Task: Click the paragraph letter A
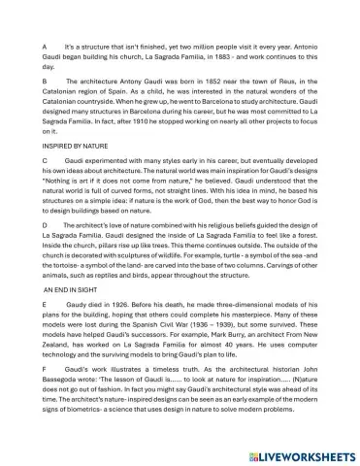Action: tap(44, 47)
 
